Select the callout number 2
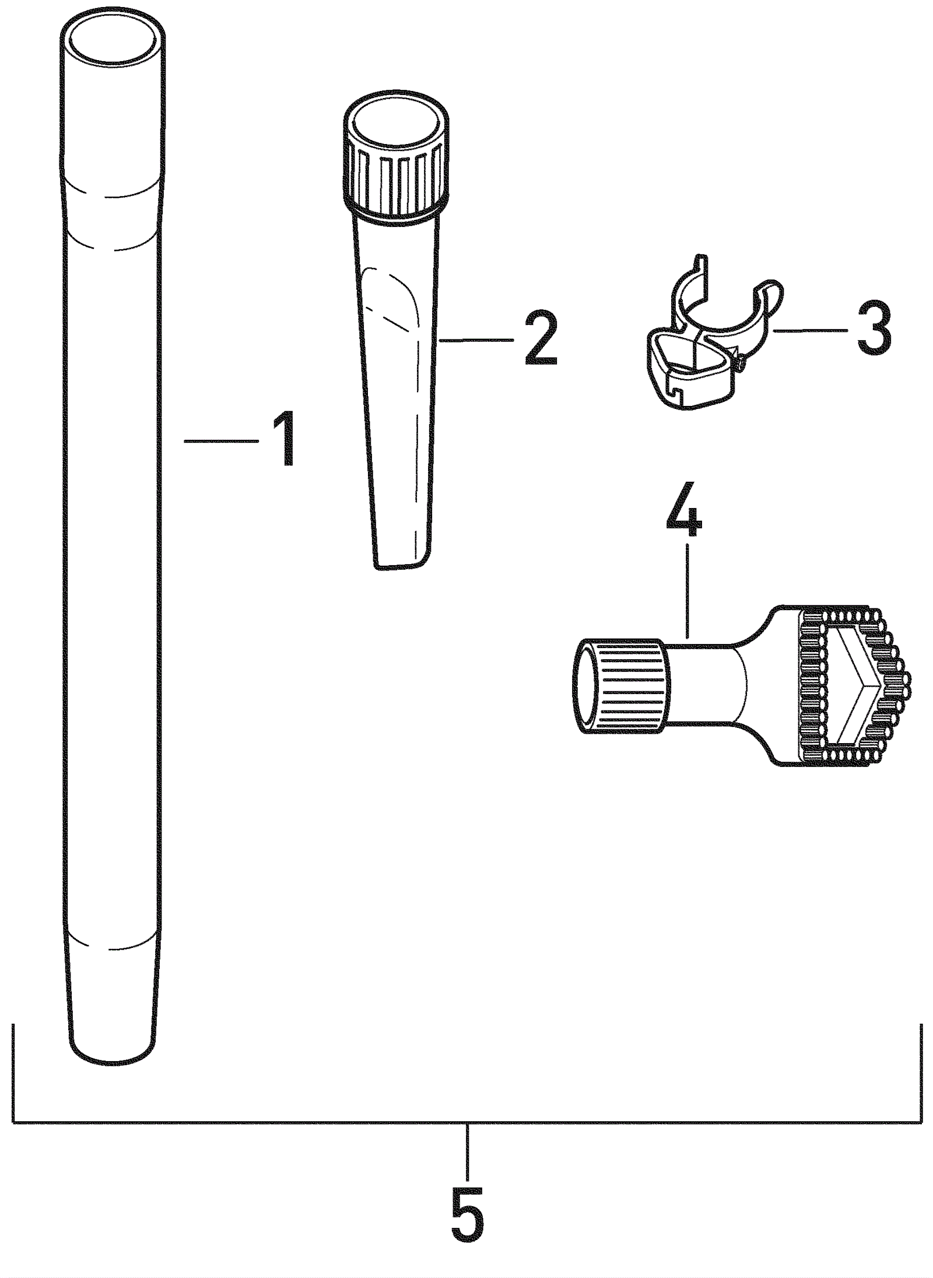click(x=541, y=338)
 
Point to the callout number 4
click(x=684, y=509)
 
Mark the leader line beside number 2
click(x=475, y=340)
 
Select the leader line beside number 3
click(x=811, y=331)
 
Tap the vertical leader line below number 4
click(x=688, y=591)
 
